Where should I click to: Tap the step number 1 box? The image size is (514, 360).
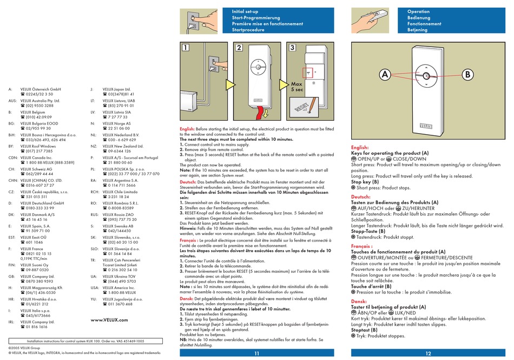click(186, 48)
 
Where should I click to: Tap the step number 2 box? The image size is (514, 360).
click(239, 48)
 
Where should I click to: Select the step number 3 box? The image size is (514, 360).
click(292, 48)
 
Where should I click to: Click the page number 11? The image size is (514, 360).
click(256, 353)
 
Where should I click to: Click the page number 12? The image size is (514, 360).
click(429, 353)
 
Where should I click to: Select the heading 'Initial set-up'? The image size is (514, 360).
click(246, 11)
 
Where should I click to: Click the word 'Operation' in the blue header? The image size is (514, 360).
click(418, 11)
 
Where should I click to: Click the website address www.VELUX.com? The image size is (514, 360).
click(109, 320)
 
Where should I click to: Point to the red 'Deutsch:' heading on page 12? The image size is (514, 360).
click(361, 197)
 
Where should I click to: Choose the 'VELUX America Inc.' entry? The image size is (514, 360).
click(121, 287)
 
